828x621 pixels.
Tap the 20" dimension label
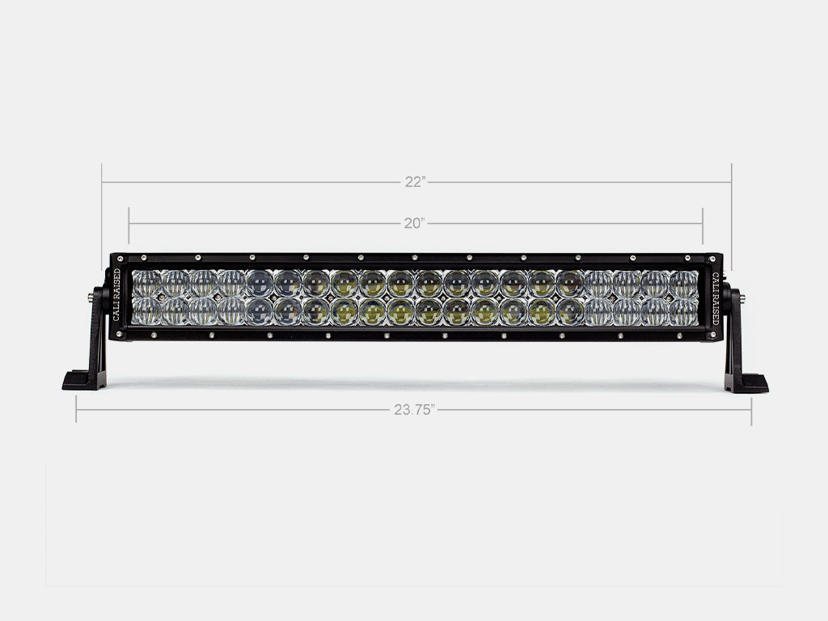pos(415,223)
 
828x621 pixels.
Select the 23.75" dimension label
pos(415,410)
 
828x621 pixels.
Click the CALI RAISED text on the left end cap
pos(117,295)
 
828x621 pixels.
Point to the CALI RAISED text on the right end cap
pos(715,295)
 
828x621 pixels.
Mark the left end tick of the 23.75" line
pos(76,410)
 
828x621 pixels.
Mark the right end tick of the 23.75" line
pos(751,410)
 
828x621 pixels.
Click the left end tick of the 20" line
pos(129,223)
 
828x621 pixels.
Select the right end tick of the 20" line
pos(703,223)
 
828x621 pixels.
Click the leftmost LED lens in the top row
pos(147,283)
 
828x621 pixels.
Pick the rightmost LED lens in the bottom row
pos(683,311)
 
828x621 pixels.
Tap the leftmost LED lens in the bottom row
pos(147,311)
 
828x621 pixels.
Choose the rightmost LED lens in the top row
pos(683,283)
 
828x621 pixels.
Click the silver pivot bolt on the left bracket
pos(88,298)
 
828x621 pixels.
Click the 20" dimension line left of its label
pos(267,223)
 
